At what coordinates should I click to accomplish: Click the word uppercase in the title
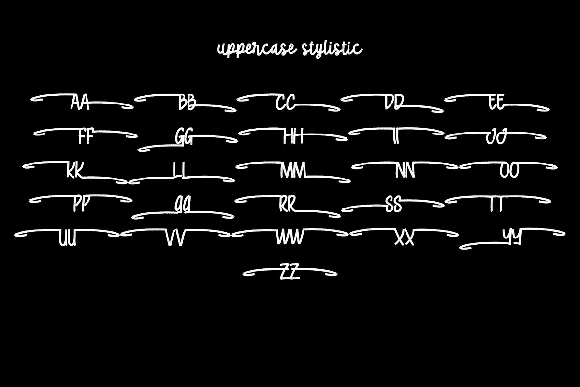[x=257, y=49]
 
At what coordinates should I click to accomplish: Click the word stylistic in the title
[x=332, y=49]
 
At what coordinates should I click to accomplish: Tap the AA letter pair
[x=80, y=103]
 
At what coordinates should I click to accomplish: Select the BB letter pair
[x=187, y=103]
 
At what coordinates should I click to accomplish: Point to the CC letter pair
[x=285, y=103]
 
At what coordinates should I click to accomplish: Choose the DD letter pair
[x=394, y=103]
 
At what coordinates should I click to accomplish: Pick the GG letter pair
[x=184, y=136]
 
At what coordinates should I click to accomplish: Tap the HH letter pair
[x=293, y=136]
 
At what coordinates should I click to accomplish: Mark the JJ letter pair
[x=496, y=136]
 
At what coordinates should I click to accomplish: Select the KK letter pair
[x=75, y=170]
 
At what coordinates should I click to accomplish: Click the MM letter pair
[x=293, y=170]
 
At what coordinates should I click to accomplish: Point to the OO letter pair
[x=509, y=171]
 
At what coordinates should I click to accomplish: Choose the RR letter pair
[x=288, y=205]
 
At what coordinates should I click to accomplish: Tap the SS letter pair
[x=393, y=205]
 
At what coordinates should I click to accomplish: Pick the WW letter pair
[x=290, y=237]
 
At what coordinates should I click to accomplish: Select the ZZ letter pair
[x=290, y=271]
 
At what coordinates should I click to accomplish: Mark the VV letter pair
[x=175, y=238]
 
